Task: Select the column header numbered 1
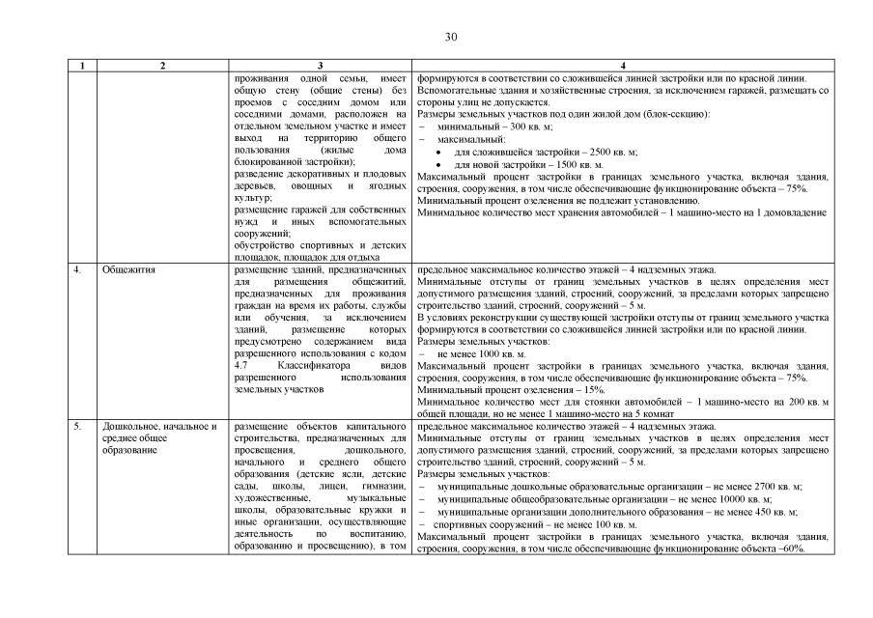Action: pos(82,66)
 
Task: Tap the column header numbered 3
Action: pos(320,66)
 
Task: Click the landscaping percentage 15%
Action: pos(566,389)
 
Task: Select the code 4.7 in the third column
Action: pos(241,367)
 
